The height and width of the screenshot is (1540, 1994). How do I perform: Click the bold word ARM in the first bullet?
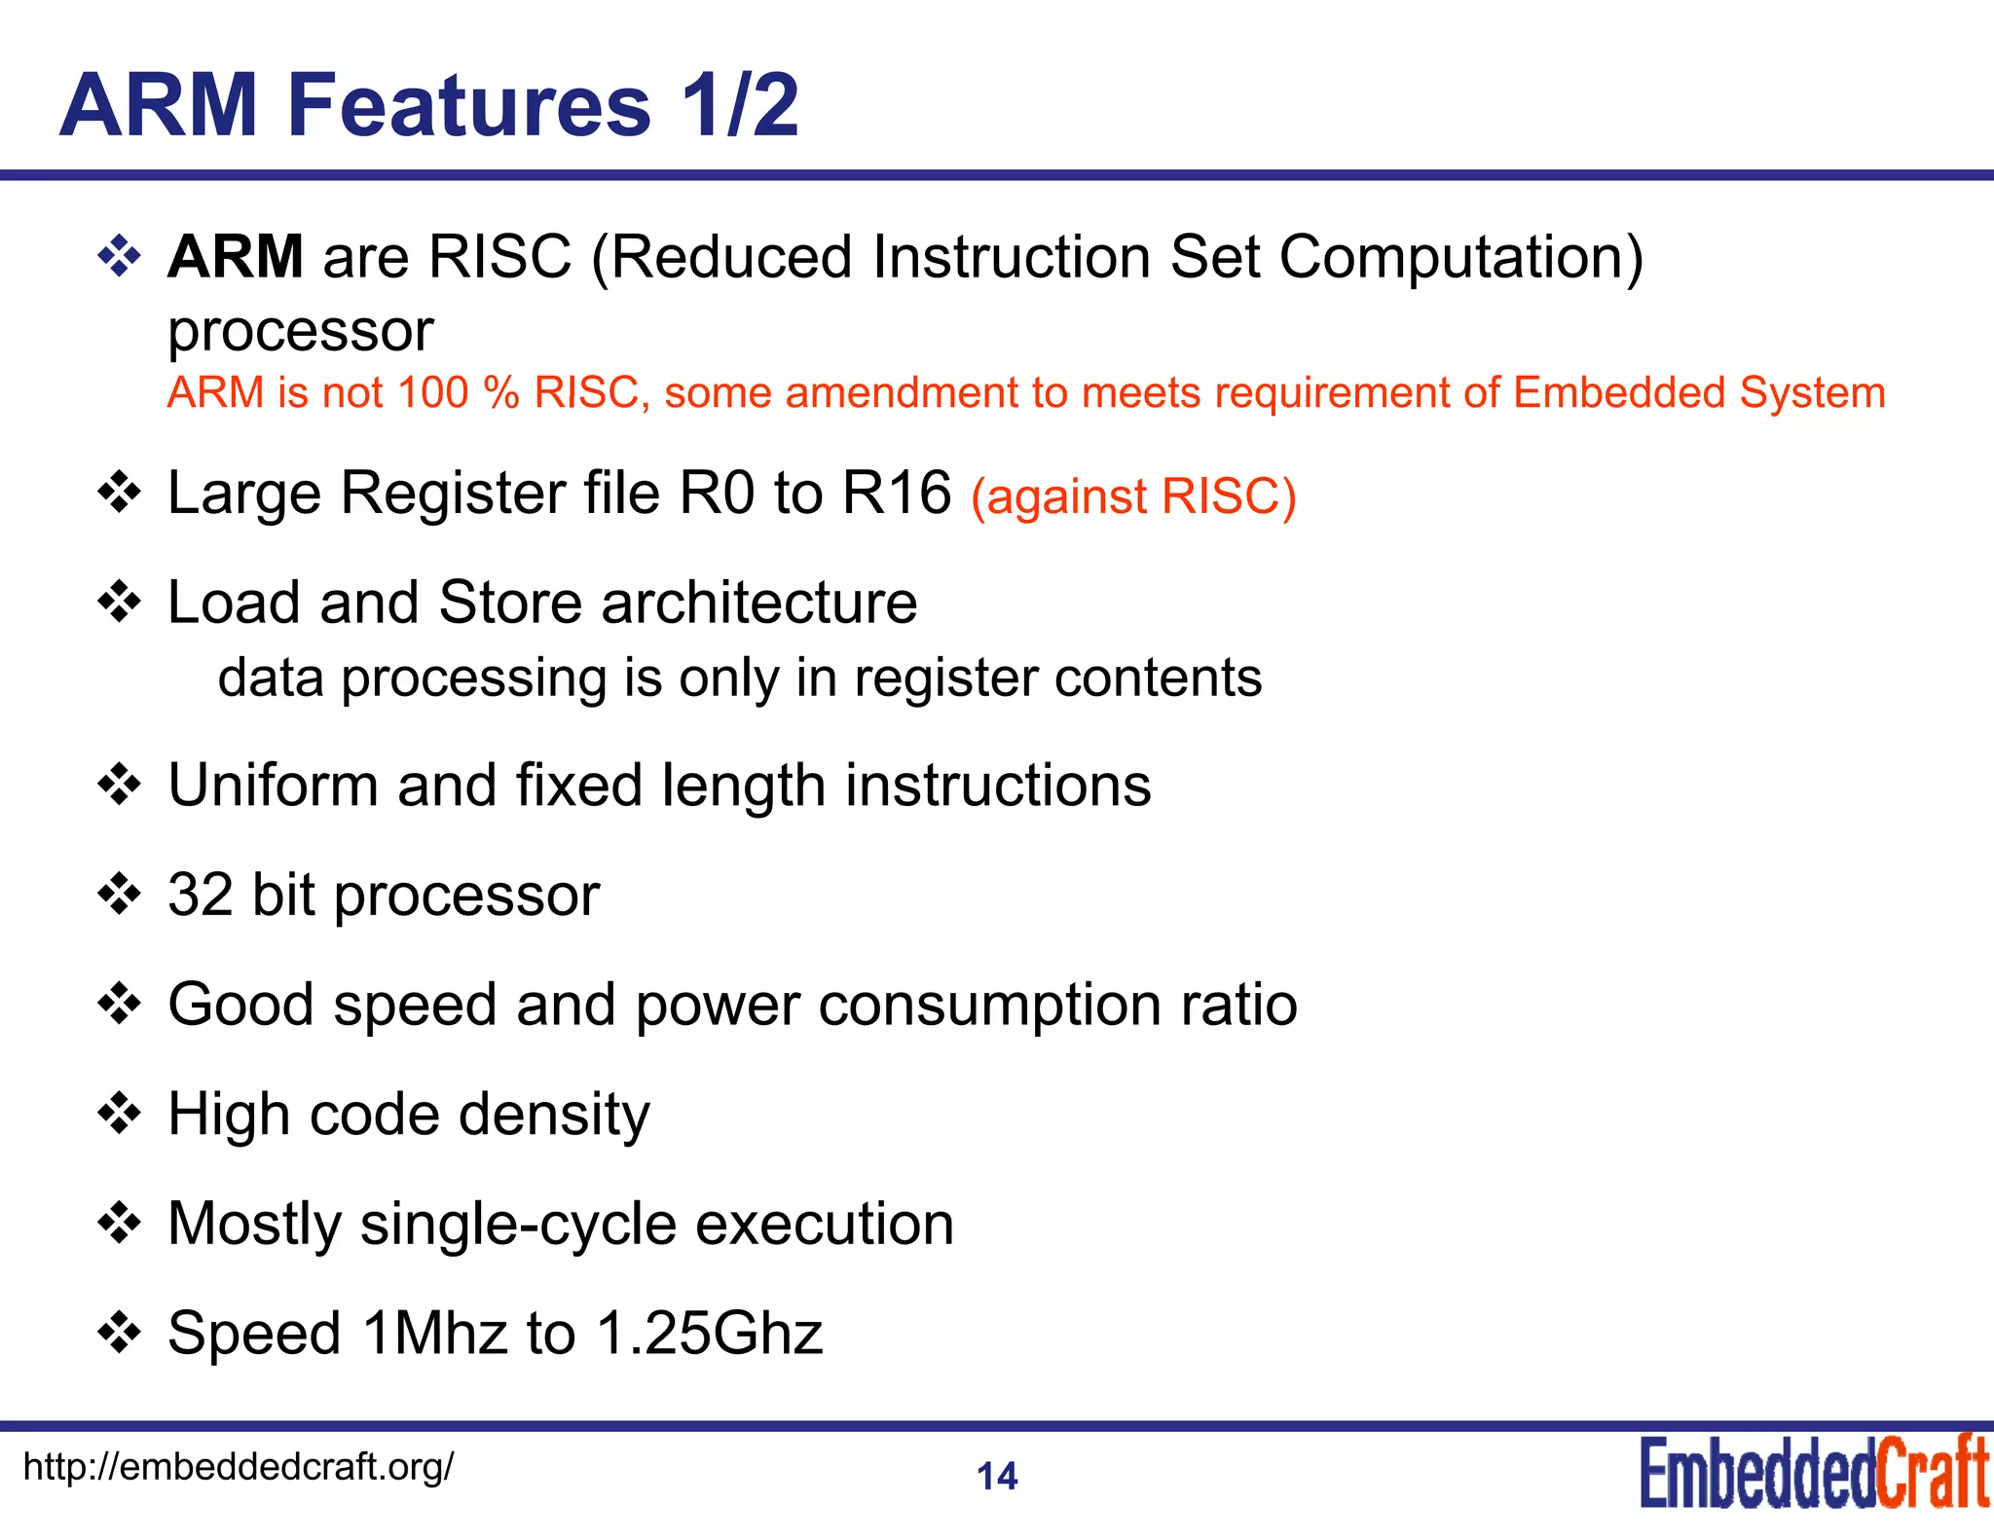pos(235,257)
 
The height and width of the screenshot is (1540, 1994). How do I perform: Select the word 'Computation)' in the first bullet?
pos(1460,259)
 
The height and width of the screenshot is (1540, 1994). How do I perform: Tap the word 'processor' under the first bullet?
pos(300,331)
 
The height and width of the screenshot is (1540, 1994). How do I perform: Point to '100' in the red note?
pos(433,392)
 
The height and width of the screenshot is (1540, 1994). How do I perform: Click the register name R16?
pos(896,493)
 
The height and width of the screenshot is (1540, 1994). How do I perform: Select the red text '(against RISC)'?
pos(1133,496)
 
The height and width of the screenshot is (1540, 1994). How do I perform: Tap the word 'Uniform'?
pos(273,786)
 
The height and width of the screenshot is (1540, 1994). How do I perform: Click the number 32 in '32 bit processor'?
pos(200,895)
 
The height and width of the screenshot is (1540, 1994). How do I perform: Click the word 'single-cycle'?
pos(518,1225)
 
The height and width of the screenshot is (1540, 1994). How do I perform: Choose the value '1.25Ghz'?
pos(710,1334)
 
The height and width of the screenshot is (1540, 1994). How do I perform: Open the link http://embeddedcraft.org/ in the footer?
pos(238,1466)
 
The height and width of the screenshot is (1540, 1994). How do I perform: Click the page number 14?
pos(997,1477)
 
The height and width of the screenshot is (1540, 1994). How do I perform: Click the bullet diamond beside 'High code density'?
pos(120,1114)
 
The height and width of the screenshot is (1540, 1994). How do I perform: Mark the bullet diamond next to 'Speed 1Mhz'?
pos(120,1333)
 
